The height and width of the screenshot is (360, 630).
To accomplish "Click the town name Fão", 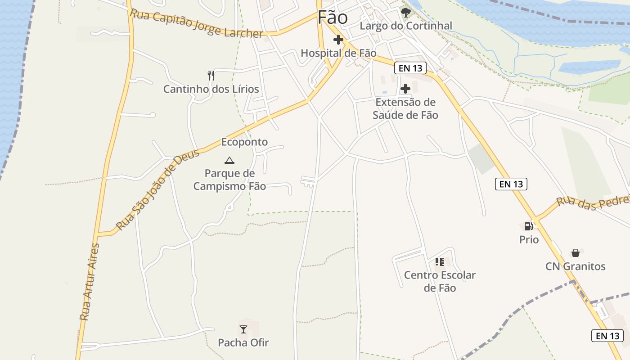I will click(333, 18).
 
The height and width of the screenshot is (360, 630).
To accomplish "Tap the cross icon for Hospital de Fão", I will click(338, 40).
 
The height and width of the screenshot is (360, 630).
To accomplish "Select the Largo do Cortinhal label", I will click(406, 26).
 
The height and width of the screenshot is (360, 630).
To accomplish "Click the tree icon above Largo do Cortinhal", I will click(406, 12).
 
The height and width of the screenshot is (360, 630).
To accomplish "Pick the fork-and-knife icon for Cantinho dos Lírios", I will click(211, 75).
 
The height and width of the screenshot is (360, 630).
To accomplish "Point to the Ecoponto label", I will click(244, 142).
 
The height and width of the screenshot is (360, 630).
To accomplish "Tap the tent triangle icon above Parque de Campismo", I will click(229, 160).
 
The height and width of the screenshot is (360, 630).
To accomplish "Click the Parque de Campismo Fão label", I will click(229, 180).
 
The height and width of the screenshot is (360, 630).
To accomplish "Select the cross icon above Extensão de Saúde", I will click(405, 88).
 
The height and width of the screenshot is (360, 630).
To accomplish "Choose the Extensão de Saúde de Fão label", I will click(405, 108).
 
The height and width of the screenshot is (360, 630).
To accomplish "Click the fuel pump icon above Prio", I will click(529, 226).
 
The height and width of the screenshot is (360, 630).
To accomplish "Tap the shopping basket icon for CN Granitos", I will click(575, 253).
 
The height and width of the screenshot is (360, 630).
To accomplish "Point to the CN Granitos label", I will click(576, 266).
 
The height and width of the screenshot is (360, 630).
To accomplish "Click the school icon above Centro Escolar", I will click(440, 261).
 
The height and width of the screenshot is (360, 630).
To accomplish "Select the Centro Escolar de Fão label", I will click(440, 281).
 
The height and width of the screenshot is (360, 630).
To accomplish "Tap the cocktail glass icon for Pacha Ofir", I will click(243, 329).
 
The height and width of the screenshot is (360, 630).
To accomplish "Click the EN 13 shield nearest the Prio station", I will click(511, 184).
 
